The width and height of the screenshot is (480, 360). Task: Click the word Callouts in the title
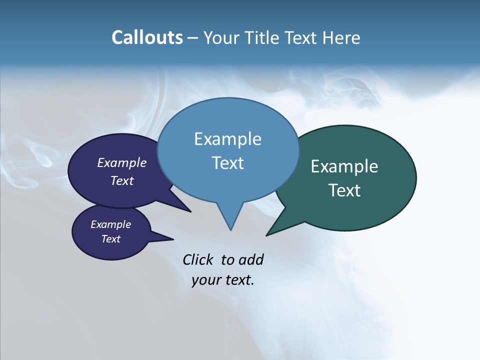click(147, 37)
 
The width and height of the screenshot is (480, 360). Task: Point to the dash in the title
click(193, 38)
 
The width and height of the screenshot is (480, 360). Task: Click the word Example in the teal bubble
click(344, 166)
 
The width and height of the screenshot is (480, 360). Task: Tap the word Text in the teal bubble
click(344, 190)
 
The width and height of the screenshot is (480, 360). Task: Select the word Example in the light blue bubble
click(227, 139)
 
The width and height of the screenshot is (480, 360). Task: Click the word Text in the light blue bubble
click(227, 163)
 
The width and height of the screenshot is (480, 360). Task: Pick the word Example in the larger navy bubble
click(122, 163)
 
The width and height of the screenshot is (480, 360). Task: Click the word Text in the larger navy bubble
click(122, 180)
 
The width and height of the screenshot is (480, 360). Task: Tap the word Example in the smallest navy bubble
click(110, 224)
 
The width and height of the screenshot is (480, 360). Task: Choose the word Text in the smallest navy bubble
click(110, 239)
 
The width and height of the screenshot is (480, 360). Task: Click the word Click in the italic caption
click(197, 260)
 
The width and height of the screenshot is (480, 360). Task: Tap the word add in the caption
click(251, 260)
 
